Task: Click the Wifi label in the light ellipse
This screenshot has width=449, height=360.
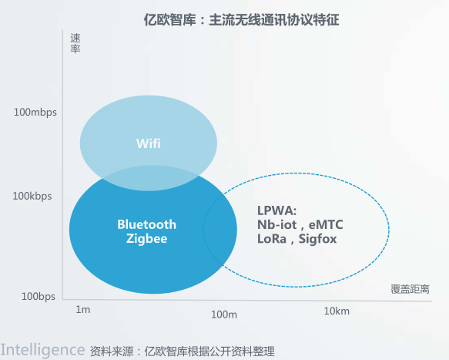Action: tap(149, 143)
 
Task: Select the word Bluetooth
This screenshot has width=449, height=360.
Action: tap(146, 224)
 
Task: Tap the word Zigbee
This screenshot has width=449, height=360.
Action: tap(146, 239)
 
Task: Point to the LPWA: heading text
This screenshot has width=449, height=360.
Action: tap(277, 210)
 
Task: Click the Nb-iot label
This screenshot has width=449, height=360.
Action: tap(277, 225)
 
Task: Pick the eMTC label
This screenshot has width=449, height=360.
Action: tap(326, 225)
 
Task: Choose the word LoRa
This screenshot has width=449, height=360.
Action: tap(272, 239)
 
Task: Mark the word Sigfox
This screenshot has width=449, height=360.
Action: tap(318, 239)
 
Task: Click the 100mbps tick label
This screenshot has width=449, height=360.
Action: tap(35, 112)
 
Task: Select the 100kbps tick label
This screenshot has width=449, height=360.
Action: tap(32, 197)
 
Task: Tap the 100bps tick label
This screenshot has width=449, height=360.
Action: tap(39, 296)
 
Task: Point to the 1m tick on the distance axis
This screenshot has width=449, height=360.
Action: tap(82, 310)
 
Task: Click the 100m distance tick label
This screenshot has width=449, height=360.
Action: tap(224, 315)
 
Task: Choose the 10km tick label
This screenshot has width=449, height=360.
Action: tap(337, 311)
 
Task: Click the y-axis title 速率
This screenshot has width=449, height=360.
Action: tap(75, 43)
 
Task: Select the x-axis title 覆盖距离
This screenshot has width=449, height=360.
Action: tap(410, 289)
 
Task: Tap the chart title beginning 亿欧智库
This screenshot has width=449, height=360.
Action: tap(241, 20)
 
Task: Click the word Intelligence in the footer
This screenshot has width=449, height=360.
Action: tap(42, 349)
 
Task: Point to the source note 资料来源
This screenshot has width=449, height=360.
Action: tap(183, 351)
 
